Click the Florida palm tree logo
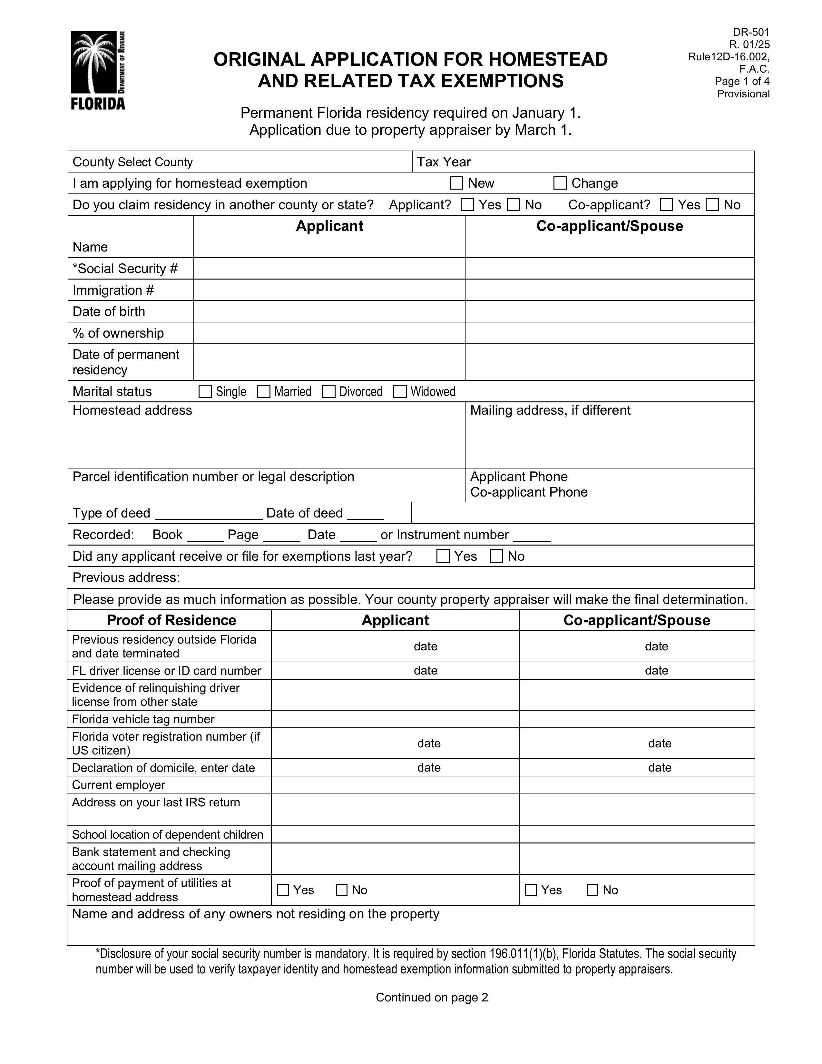click(x=98, y=70)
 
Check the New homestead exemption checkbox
click(x=456, y=183)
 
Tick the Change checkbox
click(x=560, y=183)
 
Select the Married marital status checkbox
click(x=263, y=392)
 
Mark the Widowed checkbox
click(x=400, y=392)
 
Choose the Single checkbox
click(x=206, y=392)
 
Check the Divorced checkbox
click(x=329, y=392)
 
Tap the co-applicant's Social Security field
click(x=609, y=269)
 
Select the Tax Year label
click(x=444, y=162)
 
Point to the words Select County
click(x=155, y=162)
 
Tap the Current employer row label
click(x=118, y=785)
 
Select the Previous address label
click(x=126, y=577)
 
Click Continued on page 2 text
click(x=431, y=997)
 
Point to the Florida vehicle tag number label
click(x=143, y=719)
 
